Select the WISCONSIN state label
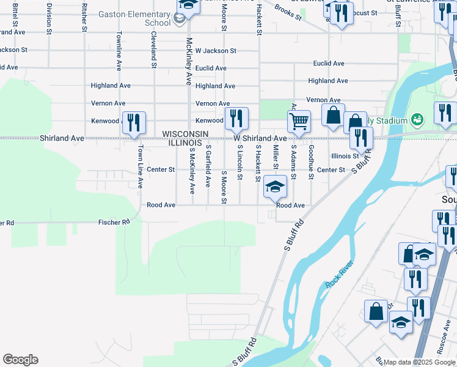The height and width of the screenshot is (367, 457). click(185, 134)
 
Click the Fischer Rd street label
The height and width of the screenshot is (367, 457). click(114, 222)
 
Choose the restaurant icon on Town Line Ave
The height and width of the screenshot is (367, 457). click(134, 122)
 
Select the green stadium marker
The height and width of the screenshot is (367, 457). click(417, 118)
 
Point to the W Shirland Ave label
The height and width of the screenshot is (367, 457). click(260, 139)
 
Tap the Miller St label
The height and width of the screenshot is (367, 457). click(276, 158)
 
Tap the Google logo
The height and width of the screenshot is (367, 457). click(20, 360)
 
